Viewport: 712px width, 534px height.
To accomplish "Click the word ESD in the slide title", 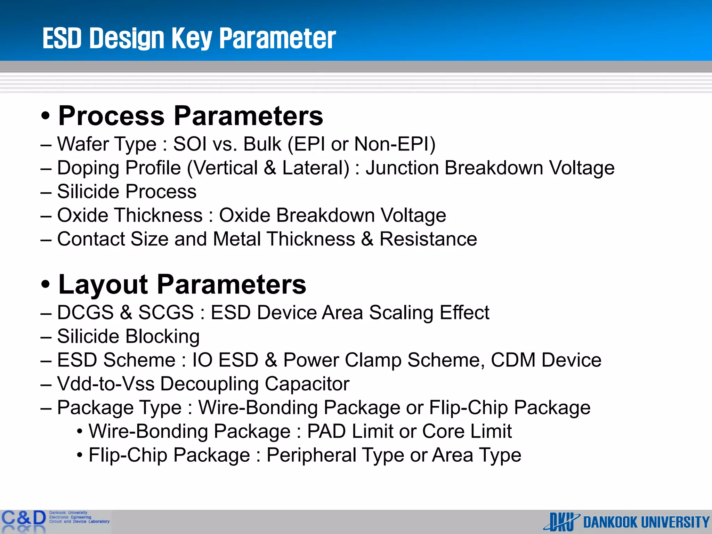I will click(62, 38).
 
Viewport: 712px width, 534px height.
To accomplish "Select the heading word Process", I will click(112, 116).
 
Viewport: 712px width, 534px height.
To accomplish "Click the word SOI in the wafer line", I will click(189, 144).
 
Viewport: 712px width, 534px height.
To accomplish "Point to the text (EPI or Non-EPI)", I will click(362, 144).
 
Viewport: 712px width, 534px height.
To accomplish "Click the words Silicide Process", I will click(127, 192).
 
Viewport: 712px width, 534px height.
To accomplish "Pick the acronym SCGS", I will click(166, 312).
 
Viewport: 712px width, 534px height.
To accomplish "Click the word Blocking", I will click(162, 337).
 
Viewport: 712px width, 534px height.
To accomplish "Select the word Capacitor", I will click(307, 384).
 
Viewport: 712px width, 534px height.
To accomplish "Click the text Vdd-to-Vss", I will click(106, 384).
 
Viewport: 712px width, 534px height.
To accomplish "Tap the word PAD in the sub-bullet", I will click(326, 431).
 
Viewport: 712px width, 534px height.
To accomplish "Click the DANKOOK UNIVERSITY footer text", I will click(646, 522).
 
